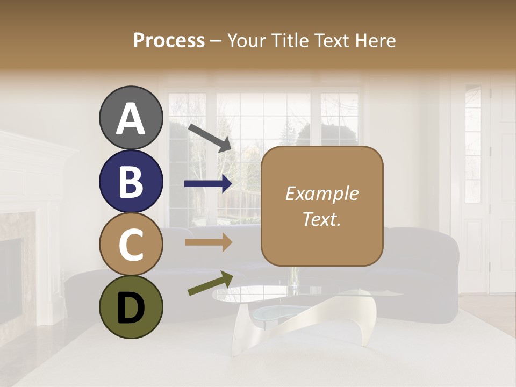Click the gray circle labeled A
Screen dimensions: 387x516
(131, 118)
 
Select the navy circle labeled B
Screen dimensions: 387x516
(131, 181)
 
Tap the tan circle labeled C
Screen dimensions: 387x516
(131, 244)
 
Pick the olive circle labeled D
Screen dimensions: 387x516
(131, 307)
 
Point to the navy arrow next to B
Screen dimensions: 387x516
(209, 184)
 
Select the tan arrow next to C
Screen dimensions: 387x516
(209, 242)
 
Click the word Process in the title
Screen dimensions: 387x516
(169, 41)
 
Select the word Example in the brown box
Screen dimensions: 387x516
(321, 193)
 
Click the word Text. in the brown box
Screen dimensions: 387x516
(321, 219)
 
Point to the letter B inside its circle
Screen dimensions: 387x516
(131, 182)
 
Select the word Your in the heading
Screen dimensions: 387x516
(248, 41)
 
